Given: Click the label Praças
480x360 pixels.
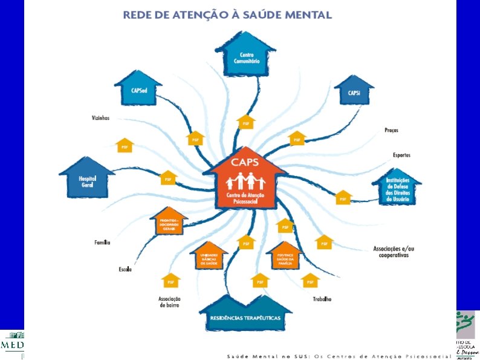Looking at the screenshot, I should tap(391, 130).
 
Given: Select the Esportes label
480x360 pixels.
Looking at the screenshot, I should tap(401, 155).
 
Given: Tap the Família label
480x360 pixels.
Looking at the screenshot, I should tap(102, 243).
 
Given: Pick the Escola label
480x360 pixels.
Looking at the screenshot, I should tap(125, 269).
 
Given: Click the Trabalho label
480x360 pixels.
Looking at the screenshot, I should tap(322, 299).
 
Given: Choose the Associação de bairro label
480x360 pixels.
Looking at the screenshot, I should tap(170, 302).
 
